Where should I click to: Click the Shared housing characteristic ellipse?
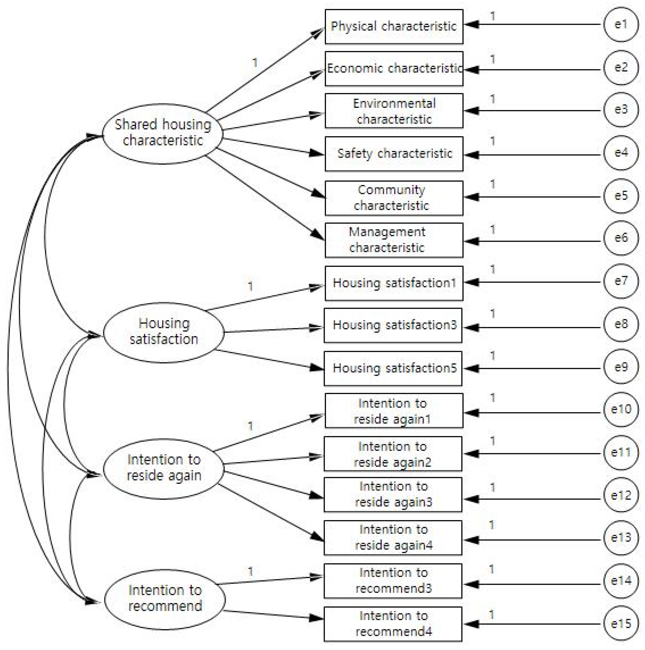[162, 134]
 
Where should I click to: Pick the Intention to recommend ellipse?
[164, 599]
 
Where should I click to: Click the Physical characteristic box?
[393, 27]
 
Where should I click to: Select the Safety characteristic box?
[393, 154]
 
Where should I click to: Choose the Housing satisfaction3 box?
[393, 325]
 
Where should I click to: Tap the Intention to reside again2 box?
[393, 454]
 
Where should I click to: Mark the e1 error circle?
[621, 24]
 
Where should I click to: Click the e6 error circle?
[621, 238]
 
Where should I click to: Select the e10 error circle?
[621, 409]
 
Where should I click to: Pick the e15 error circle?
[621, 623]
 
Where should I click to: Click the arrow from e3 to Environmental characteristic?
[532, 111]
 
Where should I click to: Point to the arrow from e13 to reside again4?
[532, 540]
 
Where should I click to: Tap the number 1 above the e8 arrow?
[492, 314]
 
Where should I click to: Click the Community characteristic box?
[393, 198]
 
